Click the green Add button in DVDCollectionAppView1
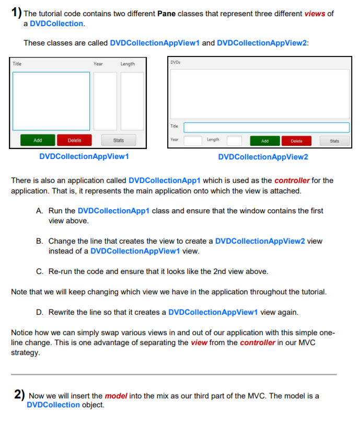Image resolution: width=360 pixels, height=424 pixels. click(x=38, y=140)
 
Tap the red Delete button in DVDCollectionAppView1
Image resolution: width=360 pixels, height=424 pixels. click(x=74, y=140)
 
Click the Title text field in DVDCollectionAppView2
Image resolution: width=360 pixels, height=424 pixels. click(x=266, y=127)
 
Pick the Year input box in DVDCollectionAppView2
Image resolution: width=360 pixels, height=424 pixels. click(x=193, y=141)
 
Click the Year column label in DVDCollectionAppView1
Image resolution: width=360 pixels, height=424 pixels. click(x=98, y=64)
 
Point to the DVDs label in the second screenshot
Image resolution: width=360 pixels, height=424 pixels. click(x=176, y=62)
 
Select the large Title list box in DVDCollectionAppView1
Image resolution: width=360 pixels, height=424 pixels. click(x=51, y=101)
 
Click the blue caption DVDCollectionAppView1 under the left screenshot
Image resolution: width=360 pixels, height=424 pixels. click(x=84, y=156)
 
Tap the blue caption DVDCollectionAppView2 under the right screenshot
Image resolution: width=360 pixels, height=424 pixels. click(x=263, y=157)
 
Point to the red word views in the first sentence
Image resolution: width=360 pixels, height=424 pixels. click(x=315, y=14)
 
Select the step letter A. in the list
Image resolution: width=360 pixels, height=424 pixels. click(x=40, y=211)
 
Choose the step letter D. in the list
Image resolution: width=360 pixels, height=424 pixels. click(x=40, y=312)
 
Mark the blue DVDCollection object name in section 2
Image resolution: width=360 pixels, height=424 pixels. click(x=53, y=405)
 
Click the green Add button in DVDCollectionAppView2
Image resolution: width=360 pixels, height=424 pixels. click(x=265, y=141)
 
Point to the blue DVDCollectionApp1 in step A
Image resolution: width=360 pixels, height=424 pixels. click(x=113, y=211)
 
